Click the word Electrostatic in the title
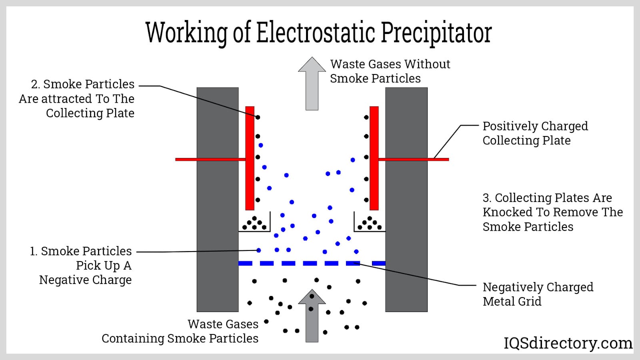(x=316, y=33)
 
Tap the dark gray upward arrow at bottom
(x=312, y=318)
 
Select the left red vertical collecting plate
(x=250, y=158)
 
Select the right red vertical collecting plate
(x=374, y=158)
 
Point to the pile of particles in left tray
(x=254, y=224)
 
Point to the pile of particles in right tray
(x=370, y=224)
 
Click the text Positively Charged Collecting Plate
(x=534, y=133)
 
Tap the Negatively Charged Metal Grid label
(x=537, y=294)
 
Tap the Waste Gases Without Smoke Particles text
(x=390, y=71)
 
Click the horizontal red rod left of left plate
(x=210, y=159)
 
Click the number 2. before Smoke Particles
(x=35, y=84)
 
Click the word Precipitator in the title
(x=436, y=33)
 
